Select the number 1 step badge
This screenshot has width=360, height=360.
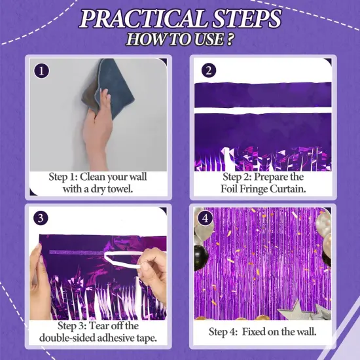41,70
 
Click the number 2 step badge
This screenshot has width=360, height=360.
208,70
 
